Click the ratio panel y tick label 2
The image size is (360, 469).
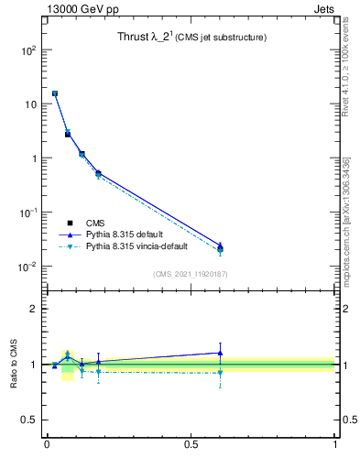point(34,309)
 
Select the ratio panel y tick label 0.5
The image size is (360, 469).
point(29,420)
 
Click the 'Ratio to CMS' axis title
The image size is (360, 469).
point(14,364)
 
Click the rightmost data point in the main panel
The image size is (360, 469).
point(220,247)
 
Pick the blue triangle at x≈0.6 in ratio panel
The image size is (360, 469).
point(220,353)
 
